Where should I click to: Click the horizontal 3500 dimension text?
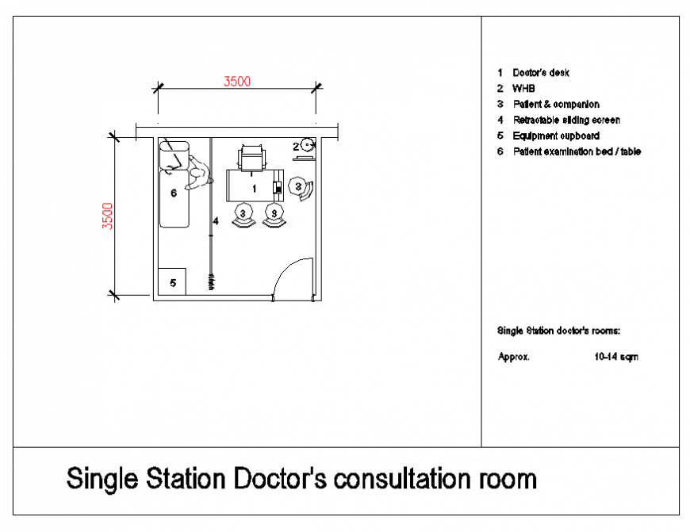click(x=237, y=81)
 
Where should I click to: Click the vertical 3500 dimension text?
click(x=108, y=216)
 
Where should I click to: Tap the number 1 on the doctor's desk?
click(x=254, y=189)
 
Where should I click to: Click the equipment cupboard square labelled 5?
click(x=172, y=281)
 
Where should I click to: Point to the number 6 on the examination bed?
click(x=173, y=193)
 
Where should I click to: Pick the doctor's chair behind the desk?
click(x=252, y=157)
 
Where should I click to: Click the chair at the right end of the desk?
click(x=300, y=187)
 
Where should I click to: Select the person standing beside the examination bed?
click(x=197, y=176)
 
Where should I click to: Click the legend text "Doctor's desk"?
click(x=541, y=73)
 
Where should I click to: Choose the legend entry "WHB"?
click(x=523, y=89)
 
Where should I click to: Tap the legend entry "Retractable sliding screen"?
click(x=566, y=120)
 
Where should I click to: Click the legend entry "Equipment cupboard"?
click(x=556, y=136)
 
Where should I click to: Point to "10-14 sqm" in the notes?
click(x=615, y=357)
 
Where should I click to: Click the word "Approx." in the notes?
click(x=514, y=357)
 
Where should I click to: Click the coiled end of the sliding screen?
click(x=212, y=280)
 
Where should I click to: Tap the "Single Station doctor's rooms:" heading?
click(x=558, y=330)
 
